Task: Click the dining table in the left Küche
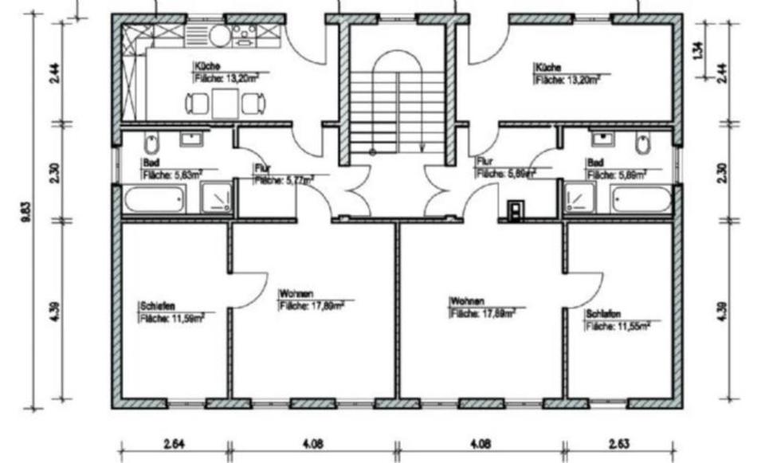pos(226,103)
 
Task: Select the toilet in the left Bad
pos(152,144)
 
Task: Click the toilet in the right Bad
pos(643,144)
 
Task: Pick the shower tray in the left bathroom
pos(217,198)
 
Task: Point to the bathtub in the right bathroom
pos(641,198)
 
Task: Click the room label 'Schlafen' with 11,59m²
pos(157,305)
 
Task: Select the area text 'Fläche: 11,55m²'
pos(618,326)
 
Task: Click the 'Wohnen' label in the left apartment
pos(296,293)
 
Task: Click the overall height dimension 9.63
pos(27,214)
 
